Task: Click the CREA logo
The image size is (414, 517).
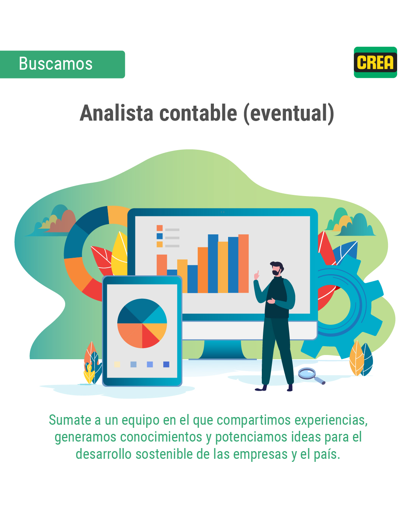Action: click(375, 62)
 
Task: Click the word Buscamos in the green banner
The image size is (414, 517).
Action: click(56, 64)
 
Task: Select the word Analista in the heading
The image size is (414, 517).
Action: click(117, 113)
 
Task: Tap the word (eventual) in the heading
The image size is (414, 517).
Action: click(289, 114)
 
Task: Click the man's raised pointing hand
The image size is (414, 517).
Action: click(257, 275)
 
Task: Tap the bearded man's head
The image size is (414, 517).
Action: click(277, 268)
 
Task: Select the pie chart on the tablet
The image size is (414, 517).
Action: click(142, 323)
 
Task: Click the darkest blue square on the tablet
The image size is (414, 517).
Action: click(166, 365)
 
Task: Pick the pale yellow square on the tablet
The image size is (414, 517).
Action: click(117, 365)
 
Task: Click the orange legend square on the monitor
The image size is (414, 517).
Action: click(159, 228)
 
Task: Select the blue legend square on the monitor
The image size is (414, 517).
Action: click(159, 236)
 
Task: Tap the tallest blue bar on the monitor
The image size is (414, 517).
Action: click(213, 263)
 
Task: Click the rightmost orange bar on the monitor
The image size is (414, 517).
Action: click(243, 263)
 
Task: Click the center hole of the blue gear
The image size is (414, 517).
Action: click(333, 305)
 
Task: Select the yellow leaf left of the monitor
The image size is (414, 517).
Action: click(120, 254)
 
